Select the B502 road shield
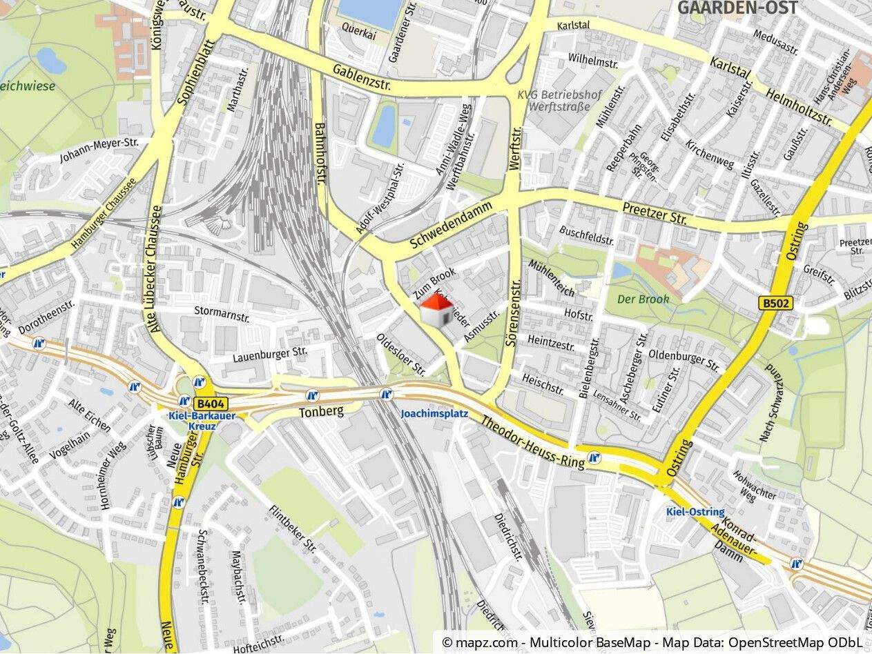(x=776, y=303)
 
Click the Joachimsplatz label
(x=434, y=414)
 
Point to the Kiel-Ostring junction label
(x=695, y=512)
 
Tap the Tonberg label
(x=321, y=412)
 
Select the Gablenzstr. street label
(x=361, y=77)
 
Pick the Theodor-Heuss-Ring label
(x=532, y=443)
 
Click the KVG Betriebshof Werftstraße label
(x=559, y=101)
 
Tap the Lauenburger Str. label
(x=269, y=354)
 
